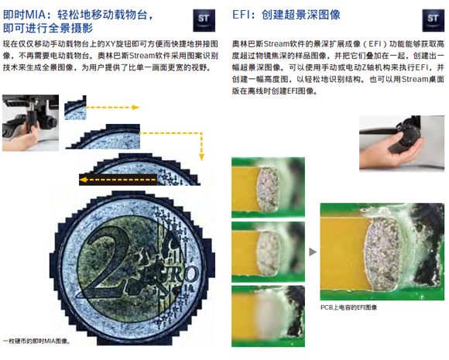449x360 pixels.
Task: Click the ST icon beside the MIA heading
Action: [x=204, y=20]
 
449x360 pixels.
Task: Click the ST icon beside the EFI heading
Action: [x=433, y=20]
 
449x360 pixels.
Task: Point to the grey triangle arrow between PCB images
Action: [x=313, y=252]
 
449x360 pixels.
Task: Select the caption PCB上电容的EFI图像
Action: [x=348, y=307]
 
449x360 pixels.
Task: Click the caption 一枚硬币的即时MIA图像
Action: [x=36, y=341]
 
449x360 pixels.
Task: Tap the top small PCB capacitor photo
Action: [x=268, y=187]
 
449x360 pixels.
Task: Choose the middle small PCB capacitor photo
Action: [x=268, y=252]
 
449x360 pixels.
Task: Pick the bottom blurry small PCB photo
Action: [x=268, y=316]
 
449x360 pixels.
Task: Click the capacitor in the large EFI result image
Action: [x=382, y=253]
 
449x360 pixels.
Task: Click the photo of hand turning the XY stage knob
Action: [x=31, y=123]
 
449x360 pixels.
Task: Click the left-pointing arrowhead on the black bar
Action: [x=83, y=180]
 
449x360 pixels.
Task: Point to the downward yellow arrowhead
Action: [x=201, y=157]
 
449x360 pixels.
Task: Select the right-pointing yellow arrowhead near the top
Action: [x=135, y=108]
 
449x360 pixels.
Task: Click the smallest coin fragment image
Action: [x=75, y=108]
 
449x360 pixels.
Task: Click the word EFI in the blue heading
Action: [x=241, y=14]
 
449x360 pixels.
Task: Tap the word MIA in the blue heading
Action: [x=36, y=14]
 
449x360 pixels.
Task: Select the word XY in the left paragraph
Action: [x=110, y=44]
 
